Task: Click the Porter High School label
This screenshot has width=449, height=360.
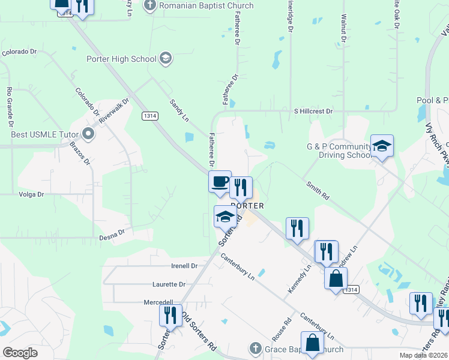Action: (x=122, y=59)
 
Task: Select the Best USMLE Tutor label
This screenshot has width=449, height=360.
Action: (x=46, y=133)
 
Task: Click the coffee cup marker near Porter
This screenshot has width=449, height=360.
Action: (x=220, y=181)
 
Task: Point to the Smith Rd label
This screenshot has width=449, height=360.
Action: (x=317, y=191)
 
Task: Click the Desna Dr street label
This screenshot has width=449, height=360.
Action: (x=112, y=232)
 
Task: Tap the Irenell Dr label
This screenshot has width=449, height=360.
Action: (x=184, y=265)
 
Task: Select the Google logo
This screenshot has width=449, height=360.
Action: (x=20, y=353)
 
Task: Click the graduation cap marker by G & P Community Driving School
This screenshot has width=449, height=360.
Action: (x=382, y=146)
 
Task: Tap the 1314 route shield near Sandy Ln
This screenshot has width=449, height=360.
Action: (x=149, y=115)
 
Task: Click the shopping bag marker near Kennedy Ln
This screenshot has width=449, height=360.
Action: (x=336, y=278)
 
